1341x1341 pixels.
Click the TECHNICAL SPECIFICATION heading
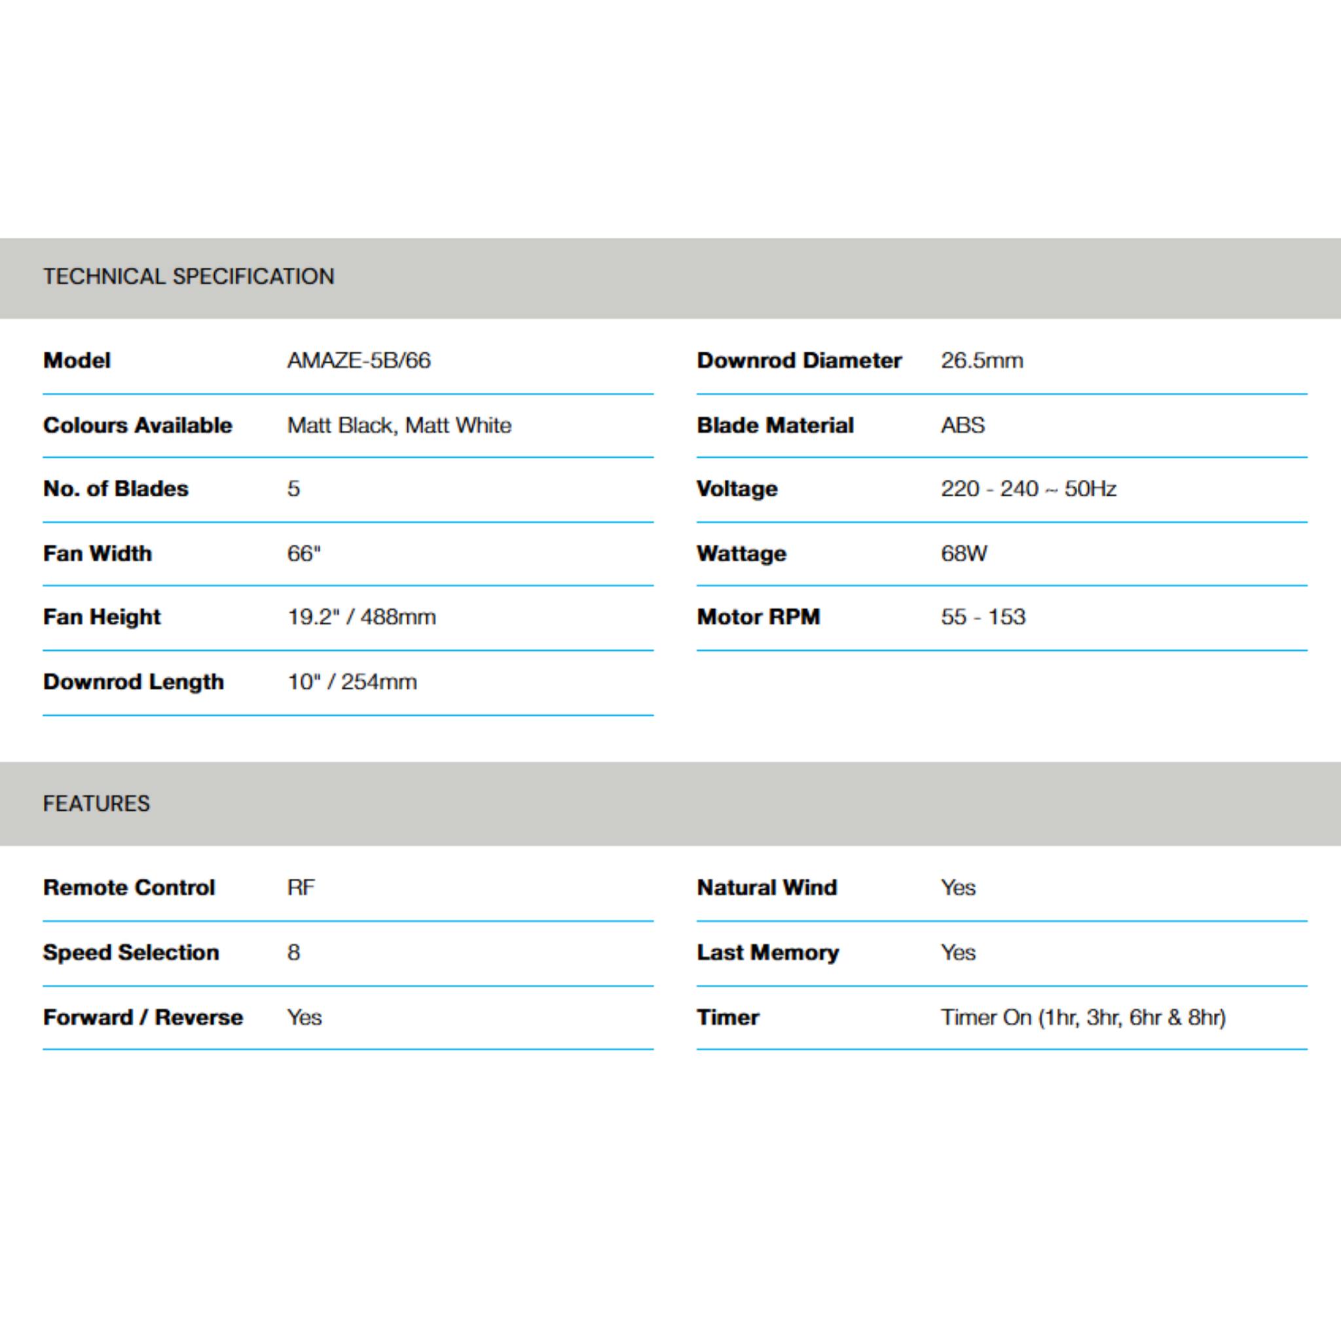pos(188,276)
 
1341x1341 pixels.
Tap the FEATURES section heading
pos(96,803)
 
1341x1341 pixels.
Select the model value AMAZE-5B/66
pos(359,360)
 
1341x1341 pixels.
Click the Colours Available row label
pos(138,425)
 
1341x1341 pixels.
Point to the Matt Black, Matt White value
pos(399,425)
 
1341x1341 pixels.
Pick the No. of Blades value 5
pos(293,488)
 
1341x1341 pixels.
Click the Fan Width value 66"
pos(304,553)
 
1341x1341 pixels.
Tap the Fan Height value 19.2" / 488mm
pos(361,616)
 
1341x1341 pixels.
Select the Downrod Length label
pos(134,682)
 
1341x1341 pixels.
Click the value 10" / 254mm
pos(352,682)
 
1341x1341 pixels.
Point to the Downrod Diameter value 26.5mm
pos(982,360)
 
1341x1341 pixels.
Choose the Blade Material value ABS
pos(963,425)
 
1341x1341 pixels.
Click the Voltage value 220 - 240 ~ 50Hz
pos(1028,488)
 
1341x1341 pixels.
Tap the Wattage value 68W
pos(963,553)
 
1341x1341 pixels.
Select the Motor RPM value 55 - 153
pos(983,616)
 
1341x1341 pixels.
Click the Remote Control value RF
pos(301,887)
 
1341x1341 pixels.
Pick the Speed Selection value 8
pos(293,951)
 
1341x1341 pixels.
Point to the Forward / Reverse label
pos(143,1017)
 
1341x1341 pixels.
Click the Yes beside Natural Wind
pos(958,887)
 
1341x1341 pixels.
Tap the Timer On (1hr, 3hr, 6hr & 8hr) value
pos(1083,1017)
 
